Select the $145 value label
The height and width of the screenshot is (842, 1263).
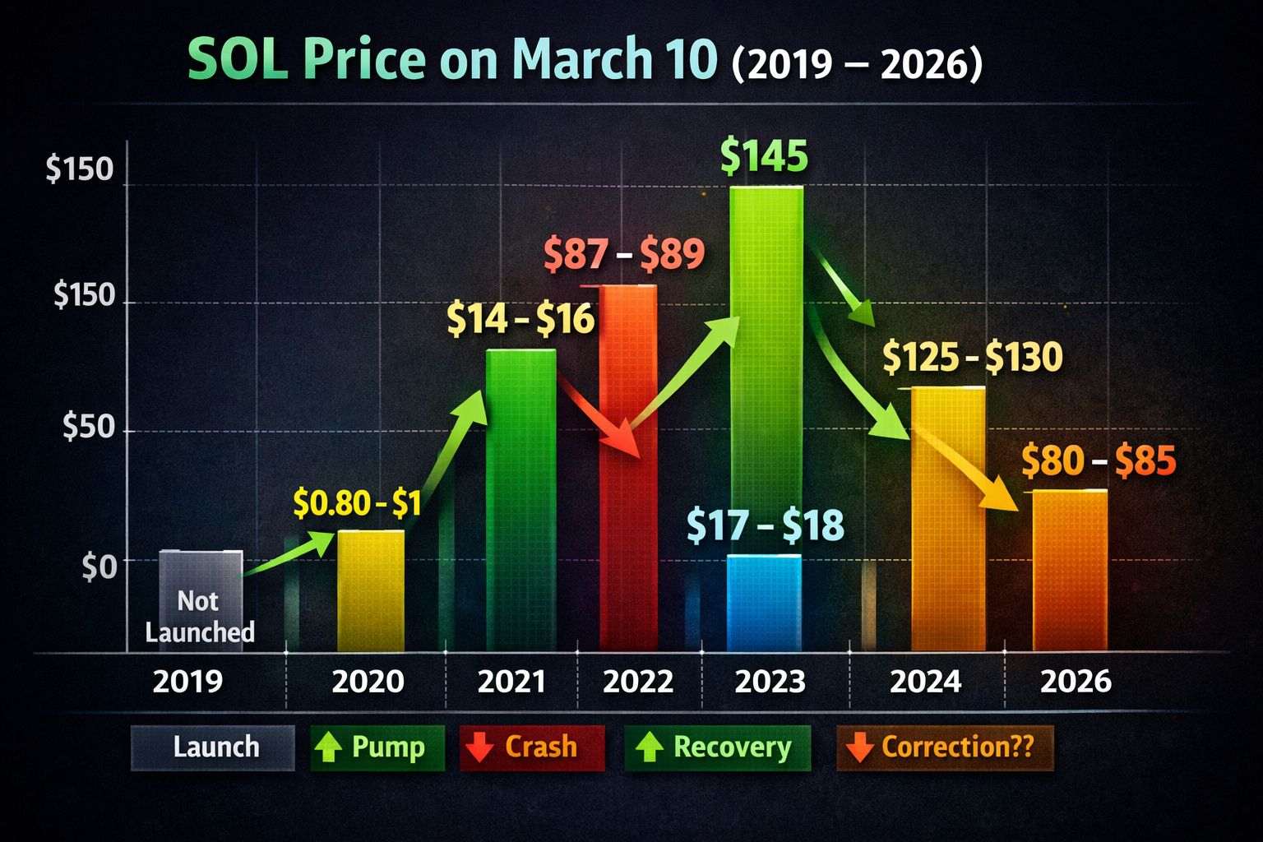(764, 156)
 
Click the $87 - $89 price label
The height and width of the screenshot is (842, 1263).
(625, 255)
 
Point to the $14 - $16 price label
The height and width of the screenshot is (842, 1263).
(520, 319)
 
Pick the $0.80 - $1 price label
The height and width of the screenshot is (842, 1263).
(357, 502)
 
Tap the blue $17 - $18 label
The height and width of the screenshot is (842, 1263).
(765, 526)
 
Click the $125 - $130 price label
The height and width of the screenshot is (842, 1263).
(973, 358)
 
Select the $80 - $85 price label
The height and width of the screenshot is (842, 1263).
(1099, 461)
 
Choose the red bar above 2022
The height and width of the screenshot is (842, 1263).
(628, 469)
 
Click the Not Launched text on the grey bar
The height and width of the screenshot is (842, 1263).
(200, 617)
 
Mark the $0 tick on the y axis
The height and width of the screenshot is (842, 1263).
(99, 567)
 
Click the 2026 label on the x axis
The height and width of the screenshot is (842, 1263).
(1076, 682)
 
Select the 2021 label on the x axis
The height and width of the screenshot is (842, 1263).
(511, 682)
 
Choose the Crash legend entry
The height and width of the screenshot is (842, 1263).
(532, 747)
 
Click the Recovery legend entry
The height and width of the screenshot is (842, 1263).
(717, 747)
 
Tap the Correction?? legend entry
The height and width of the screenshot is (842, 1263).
(945, 747)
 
